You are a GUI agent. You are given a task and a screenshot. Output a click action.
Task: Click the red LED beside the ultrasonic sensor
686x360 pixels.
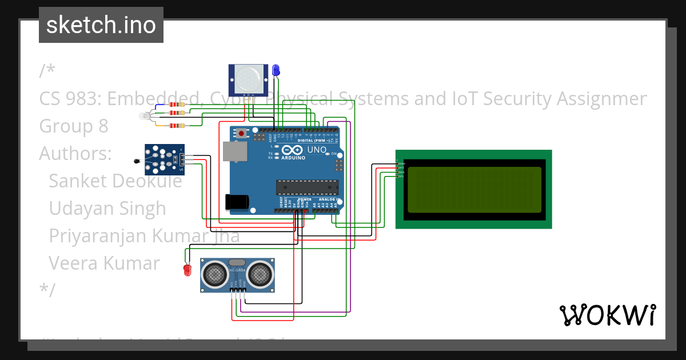point(187,270)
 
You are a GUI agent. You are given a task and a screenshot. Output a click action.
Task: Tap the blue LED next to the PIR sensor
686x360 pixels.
point(276,70)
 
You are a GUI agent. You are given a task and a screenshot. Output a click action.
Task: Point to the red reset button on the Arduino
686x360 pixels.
point(241,134)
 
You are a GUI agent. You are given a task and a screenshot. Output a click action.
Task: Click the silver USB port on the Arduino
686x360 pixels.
point(234,151)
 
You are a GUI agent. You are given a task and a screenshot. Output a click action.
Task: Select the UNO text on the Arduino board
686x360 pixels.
point(317,150)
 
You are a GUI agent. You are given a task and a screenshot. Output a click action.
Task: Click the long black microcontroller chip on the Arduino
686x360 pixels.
point(306,187)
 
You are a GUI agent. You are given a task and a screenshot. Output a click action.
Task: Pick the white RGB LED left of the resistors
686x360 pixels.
point(145,117)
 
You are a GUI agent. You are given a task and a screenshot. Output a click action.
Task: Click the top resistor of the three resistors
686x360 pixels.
point(178,105)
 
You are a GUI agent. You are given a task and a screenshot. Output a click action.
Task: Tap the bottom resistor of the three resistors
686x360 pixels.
point(178,126)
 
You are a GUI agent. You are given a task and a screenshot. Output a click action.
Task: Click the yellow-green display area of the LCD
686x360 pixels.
point(474,189)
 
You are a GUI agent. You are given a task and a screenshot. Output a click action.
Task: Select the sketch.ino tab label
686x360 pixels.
point(101,25)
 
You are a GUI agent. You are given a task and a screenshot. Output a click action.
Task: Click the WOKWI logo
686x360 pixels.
point(607,315)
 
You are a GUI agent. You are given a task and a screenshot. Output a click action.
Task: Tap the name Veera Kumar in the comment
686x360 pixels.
point(104,263)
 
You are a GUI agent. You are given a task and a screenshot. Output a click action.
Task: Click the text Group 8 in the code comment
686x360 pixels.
point(74,126)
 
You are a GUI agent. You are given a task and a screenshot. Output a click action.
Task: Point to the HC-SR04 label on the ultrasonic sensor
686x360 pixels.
point(237,270)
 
